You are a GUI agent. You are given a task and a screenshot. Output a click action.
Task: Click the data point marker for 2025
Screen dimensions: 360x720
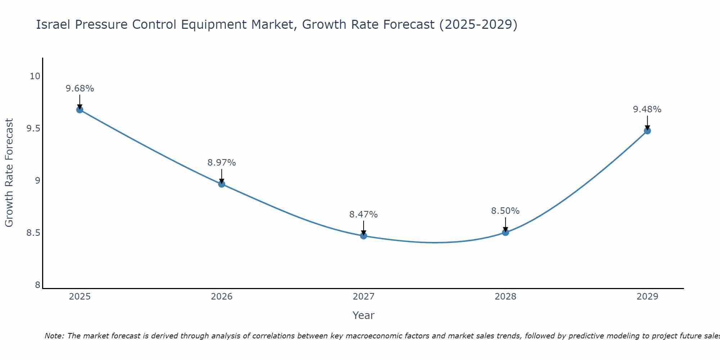pos(80,110)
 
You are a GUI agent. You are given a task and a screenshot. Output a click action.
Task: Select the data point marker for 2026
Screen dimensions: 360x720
pos(222,184)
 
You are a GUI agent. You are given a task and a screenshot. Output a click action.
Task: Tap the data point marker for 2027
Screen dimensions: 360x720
pos(364,236)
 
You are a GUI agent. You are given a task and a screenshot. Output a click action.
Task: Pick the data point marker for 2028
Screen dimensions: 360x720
pos(505,233)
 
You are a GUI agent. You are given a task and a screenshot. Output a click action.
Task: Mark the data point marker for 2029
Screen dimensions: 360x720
pos(647,131)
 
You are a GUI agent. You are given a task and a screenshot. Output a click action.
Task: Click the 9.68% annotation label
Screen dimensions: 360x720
pos(80,89)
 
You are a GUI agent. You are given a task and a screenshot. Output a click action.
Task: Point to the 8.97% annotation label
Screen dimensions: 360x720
pos(222,163)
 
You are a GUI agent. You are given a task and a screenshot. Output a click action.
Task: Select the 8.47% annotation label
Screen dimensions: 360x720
pos(364,215)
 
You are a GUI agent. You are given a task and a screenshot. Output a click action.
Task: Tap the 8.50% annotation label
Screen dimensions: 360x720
pos(505,211)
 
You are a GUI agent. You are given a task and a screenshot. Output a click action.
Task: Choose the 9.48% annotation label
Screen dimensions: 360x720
pos(647,109)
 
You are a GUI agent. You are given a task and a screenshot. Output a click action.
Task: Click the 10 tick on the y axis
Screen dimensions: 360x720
pos(35,76)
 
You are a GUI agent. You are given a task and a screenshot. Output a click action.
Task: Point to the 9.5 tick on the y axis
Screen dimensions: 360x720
pos(33,129)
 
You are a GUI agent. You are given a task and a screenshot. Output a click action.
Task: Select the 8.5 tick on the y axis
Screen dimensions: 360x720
pos(33,233)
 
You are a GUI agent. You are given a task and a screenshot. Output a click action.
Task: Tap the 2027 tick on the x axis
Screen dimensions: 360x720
pos(364,297)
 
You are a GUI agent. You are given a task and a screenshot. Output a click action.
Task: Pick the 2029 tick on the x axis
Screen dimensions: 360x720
pos(647,297)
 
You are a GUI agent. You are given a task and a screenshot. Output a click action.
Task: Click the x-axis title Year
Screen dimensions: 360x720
pos(364,315)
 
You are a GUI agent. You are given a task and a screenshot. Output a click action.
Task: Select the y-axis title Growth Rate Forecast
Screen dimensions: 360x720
pos(9,173)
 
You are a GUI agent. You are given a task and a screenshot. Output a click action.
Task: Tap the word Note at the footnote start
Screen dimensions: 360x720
pos(54,336)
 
